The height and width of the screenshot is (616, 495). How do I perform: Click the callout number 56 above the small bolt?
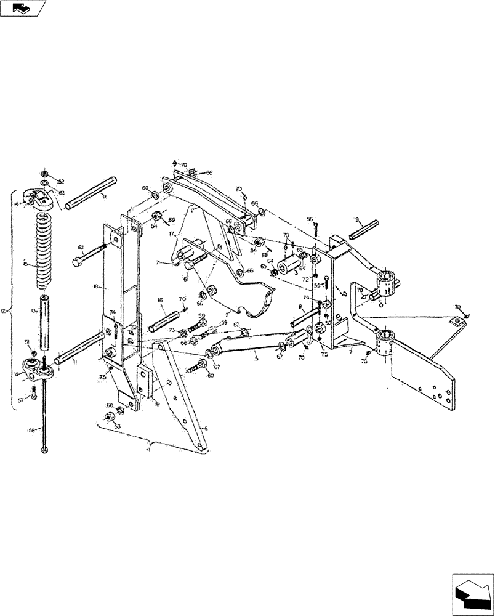(310, 219)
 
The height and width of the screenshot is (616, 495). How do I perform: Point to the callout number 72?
(305, 279)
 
